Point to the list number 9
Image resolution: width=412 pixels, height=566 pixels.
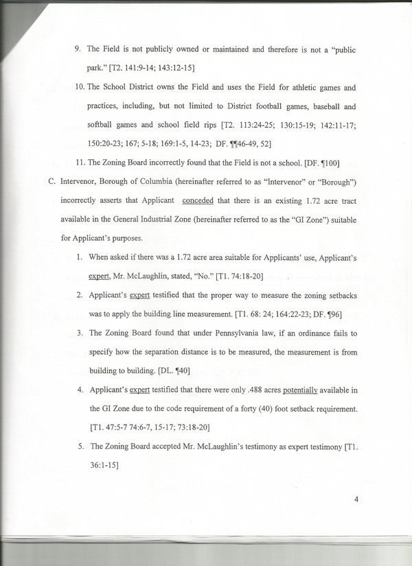[78, 50]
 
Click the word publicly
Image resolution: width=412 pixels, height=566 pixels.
[153, 50]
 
